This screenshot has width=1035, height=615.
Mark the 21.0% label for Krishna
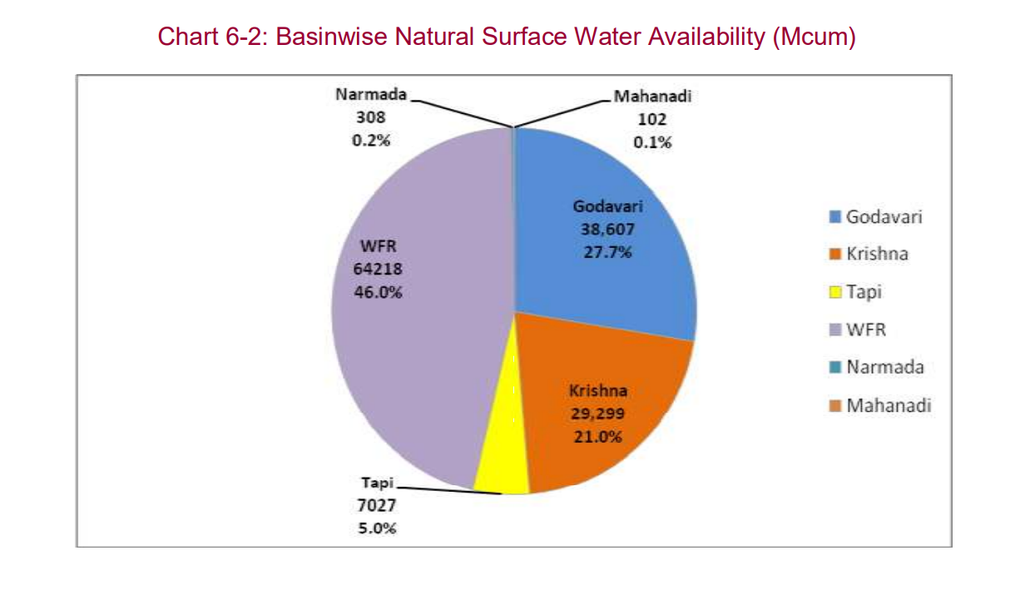pos(597,435)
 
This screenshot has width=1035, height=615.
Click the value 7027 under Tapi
pos(377,506)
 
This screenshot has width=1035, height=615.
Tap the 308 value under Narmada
pos(370,118)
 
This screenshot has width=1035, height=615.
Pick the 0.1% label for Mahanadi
pos(652,142)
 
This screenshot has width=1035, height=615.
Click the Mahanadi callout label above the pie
pos(652,97)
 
